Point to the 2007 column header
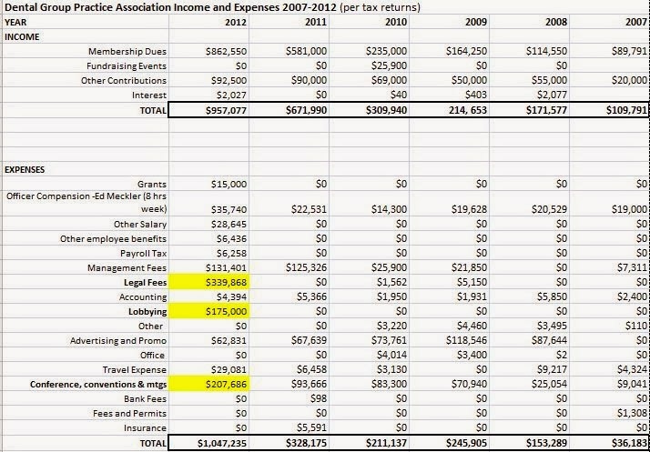tap(634, 22)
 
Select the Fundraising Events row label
tap(127, 66)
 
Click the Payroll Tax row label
tap(137, 253)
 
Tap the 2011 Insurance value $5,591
tap(310, 427)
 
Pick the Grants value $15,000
tap(229, 184)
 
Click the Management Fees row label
tap(127, 267)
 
